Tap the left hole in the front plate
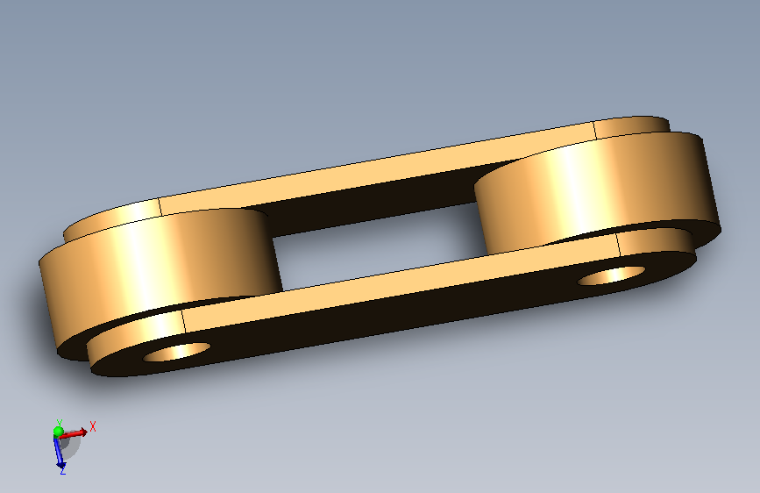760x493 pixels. pos(176,352)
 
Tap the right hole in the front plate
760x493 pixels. pos(611,275)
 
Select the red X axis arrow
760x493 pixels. pos(73,433)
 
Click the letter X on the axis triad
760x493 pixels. pos(93,427)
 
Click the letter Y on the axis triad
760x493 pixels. pos(59,423)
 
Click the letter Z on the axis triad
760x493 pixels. pos(62,470)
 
